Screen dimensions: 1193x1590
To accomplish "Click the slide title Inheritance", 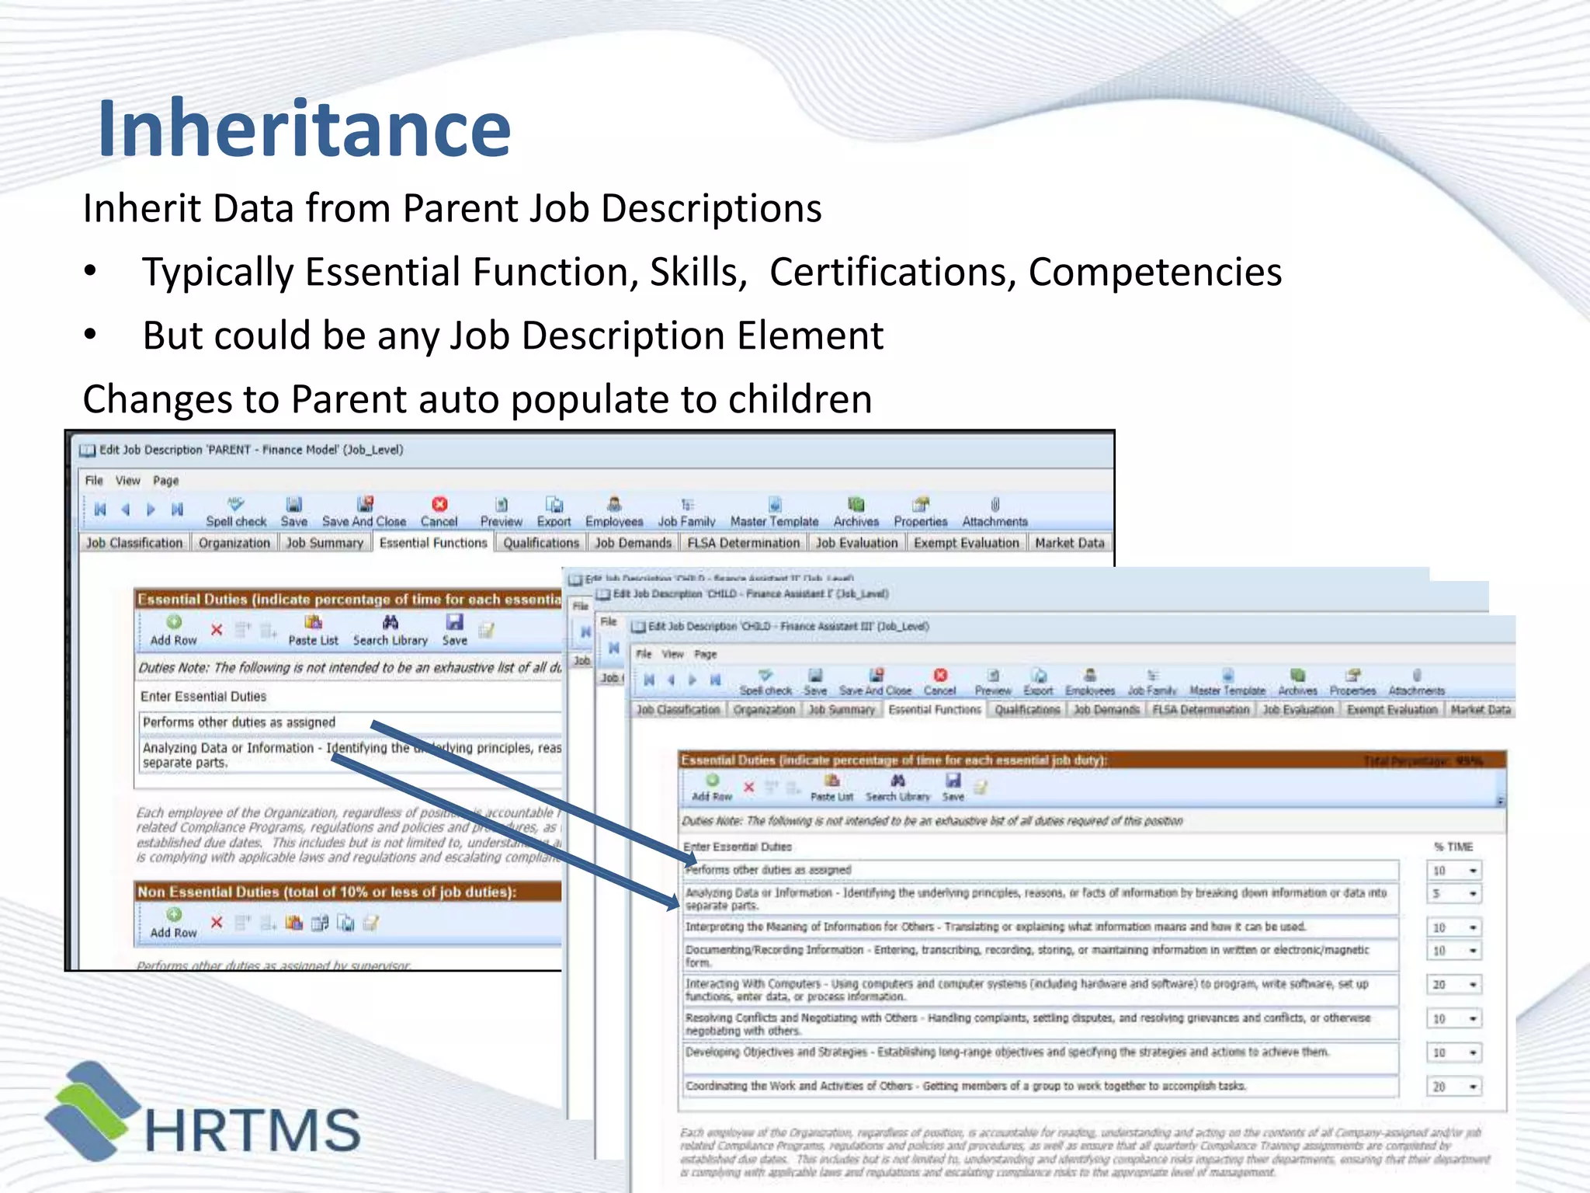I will point(304,128).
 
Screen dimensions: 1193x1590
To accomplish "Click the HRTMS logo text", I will point(252,1130).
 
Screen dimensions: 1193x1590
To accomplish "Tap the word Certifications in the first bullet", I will point(893,273).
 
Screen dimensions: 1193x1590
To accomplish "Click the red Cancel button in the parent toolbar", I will point(439,512).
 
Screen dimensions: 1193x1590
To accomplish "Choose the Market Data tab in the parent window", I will point(1069,543).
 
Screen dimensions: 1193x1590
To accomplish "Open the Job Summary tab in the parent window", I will point(325,543).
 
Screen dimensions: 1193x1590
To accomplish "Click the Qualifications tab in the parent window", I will point(540,543).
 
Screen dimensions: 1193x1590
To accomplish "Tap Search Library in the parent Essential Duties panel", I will point(391,630).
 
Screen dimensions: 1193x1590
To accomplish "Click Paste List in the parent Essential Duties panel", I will point(313,630).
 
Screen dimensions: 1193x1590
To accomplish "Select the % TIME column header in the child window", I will point(1453,847).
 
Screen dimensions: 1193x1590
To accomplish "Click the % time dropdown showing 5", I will point(1454,894).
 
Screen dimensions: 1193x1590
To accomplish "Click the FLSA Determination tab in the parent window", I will point(743,543).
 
